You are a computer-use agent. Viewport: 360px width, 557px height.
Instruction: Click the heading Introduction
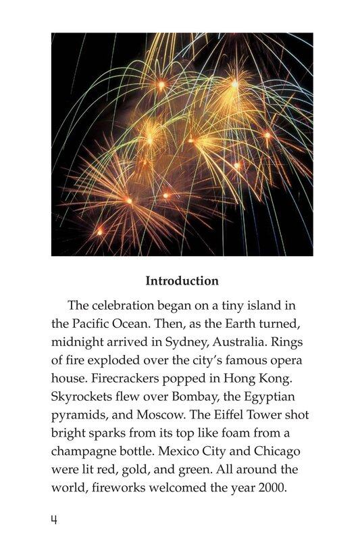[182, 281]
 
